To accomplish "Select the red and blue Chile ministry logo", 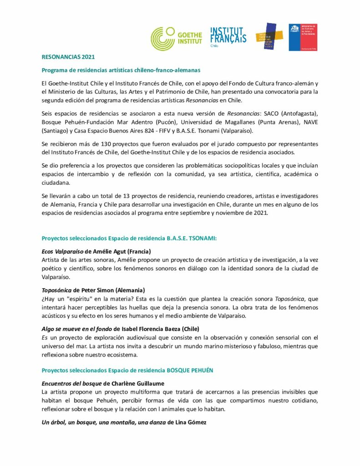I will [303, 37].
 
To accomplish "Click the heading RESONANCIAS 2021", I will [68, 57].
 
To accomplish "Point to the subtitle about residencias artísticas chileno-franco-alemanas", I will [121, 70].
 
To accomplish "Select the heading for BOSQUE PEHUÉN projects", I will [127, 370].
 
